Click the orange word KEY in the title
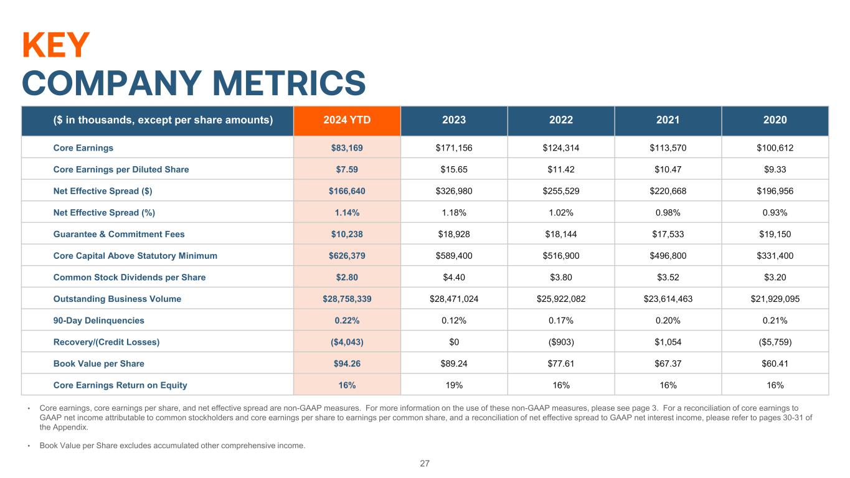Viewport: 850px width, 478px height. coord(56,45)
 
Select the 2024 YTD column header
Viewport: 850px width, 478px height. coord(347,120)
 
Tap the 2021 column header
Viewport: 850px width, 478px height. coord(668,120)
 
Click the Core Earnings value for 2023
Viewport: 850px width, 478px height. coord(454,148)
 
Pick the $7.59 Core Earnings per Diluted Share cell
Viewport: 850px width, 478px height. coord(347,169)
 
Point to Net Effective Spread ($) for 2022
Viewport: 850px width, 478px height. coord(560,191)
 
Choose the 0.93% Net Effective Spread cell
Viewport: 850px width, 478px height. coord(775,212)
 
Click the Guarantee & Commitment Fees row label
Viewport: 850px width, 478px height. coord(119,234)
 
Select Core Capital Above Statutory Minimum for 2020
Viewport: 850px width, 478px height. coord(775,256)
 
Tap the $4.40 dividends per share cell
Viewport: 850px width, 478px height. coord(454,277)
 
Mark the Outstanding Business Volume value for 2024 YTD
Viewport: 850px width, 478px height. coord(347,299)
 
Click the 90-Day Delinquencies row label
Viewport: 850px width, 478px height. coord(99,321)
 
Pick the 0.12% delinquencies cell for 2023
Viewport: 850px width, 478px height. coord(454,321)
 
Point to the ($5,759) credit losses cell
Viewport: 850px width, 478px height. coord(775,342)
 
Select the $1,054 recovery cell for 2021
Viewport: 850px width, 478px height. coord(668,342)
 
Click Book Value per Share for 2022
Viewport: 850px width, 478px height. coord(560,363)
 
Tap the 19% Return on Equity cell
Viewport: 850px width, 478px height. coord(454,385)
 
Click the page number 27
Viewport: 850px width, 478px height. coord(425,463)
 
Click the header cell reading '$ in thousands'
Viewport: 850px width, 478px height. coord(158,120)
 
